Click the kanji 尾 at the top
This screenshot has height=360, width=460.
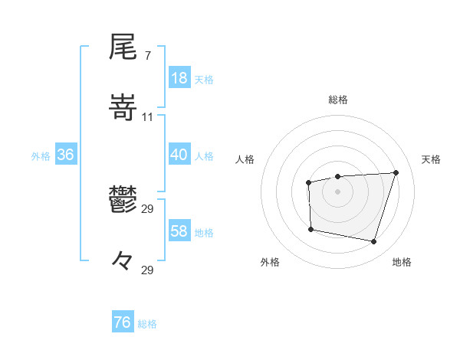pos(123,47)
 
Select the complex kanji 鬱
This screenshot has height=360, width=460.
pos(123,201)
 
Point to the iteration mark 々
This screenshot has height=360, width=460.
pos(123,260)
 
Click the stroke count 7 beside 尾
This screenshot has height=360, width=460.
pos(147,56)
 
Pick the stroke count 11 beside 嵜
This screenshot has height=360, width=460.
pos(148,116)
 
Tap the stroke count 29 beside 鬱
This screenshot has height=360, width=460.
pos(148,209)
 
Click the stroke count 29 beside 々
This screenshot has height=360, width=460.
pos(148,269)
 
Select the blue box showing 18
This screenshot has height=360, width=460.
pos(179,78)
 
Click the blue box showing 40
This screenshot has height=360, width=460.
pos(179,155)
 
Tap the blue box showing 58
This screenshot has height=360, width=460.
pos(179,231)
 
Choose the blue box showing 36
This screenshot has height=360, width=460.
pos(65,155)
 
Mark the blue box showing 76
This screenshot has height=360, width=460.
pos(122,322)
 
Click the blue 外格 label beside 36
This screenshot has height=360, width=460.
pos(41,156)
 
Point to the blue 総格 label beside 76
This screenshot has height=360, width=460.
pos(147,324)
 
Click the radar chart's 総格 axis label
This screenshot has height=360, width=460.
pos(337,100)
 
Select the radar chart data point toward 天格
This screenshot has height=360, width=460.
pos(396,172)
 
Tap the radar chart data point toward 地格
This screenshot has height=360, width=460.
pos(373,242)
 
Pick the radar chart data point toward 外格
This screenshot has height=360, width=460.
pos(310,229)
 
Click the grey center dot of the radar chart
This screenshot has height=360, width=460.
pos(337,191)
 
